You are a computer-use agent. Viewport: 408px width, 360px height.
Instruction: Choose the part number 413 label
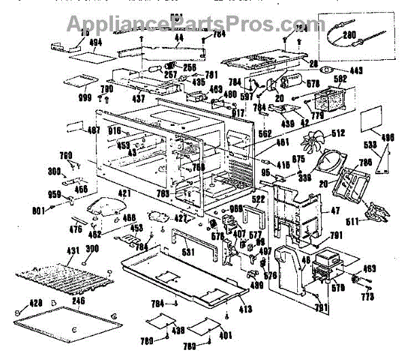pos(245,310)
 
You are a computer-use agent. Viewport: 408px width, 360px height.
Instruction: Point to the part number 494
pos(77,42)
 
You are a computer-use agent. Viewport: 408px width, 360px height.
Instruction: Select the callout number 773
pos(368,297)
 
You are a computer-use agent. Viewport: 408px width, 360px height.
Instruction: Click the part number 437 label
pos(138,100)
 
